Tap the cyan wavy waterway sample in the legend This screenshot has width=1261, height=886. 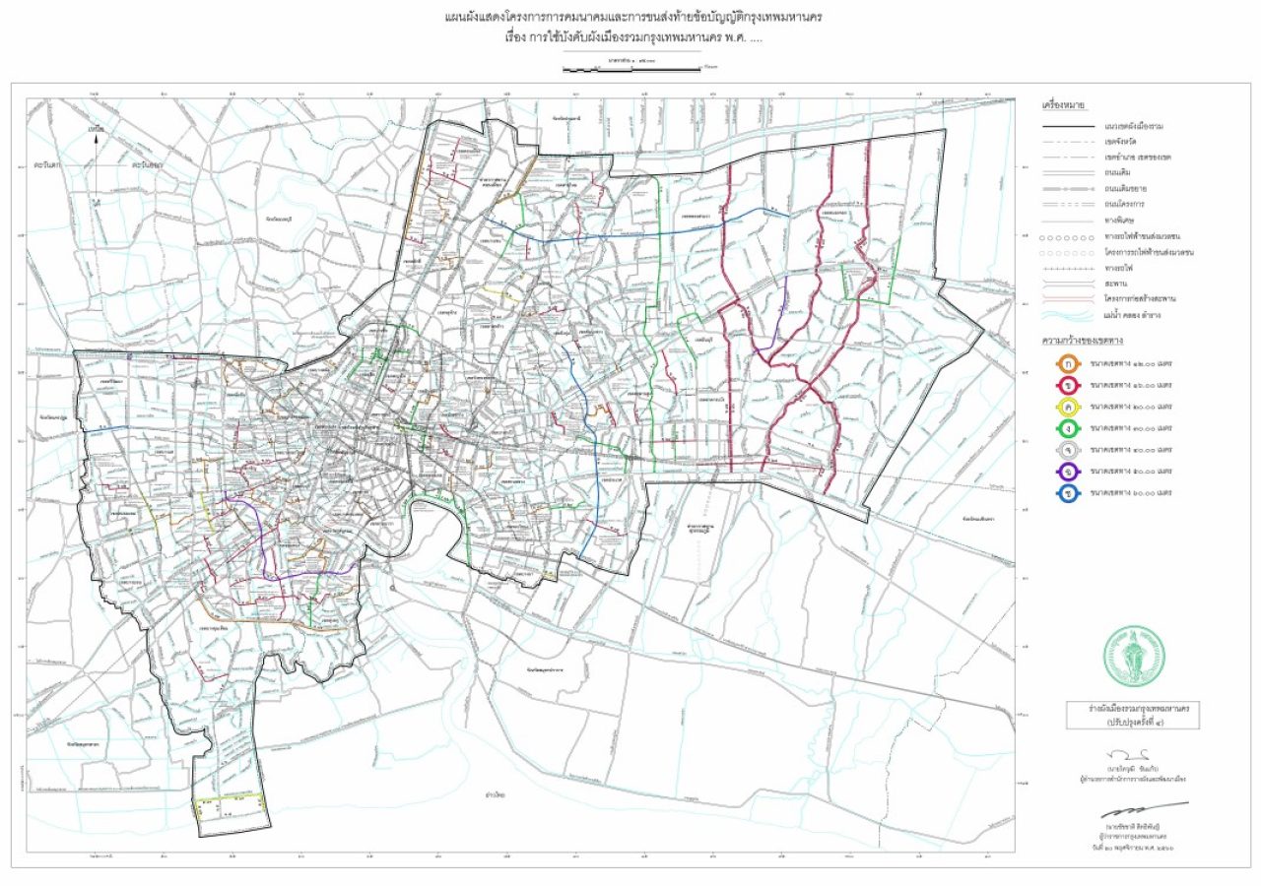coord(1068,315)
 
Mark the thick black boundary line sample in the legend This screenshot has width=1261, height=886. coord(1068,127)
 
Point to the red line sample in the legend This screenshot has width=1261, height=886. coord(1068,298)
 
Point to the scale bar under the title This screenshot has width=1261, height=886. coord(630,69)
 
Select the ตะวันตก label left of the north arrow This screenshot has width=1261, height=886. coord(45,164)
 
